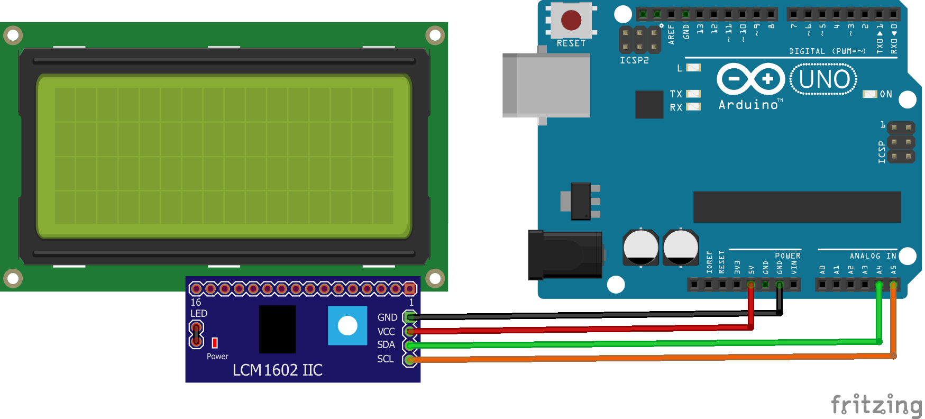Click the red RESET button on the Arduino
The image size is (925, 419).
(x=571, y=20)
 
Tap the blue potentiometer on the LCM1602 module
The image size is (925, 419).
(x=347, y=325)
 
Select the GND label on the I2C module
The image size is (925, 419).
(x=387, y=317)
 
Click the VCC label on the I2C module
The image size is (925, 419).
(x=386, y=332)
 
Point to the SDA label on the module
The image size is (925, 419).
(x=386, y=345)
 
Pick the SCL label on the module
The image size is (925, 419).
(x=385, y=359)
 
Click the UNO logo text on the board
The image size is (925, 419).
(x=823, y=79)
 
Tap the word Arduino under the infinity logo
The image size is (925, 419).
(x=748, y=105)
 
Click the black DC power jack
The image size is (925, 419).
(x=565, y=255)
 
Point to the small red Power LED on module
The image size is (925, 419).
(x=215, y=343)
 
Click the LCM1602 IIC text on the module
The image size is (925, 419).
(x=278, y=370)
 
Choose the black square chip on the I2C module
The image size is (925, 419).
(x=277, y=329)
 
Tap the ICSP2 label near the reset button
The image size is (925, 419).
(x=634, y=60)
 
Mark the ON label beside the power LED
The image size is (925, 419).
(x=886, y=94)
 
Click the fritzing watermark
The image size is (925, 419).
(x=876, y=405)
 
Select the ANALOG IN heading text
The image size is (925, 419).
(x=873, y=256)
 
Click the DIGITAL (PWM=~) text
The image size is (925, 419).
(x=827, y=51)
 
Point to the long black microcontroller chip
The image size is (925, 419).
(x=797, y=207)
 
